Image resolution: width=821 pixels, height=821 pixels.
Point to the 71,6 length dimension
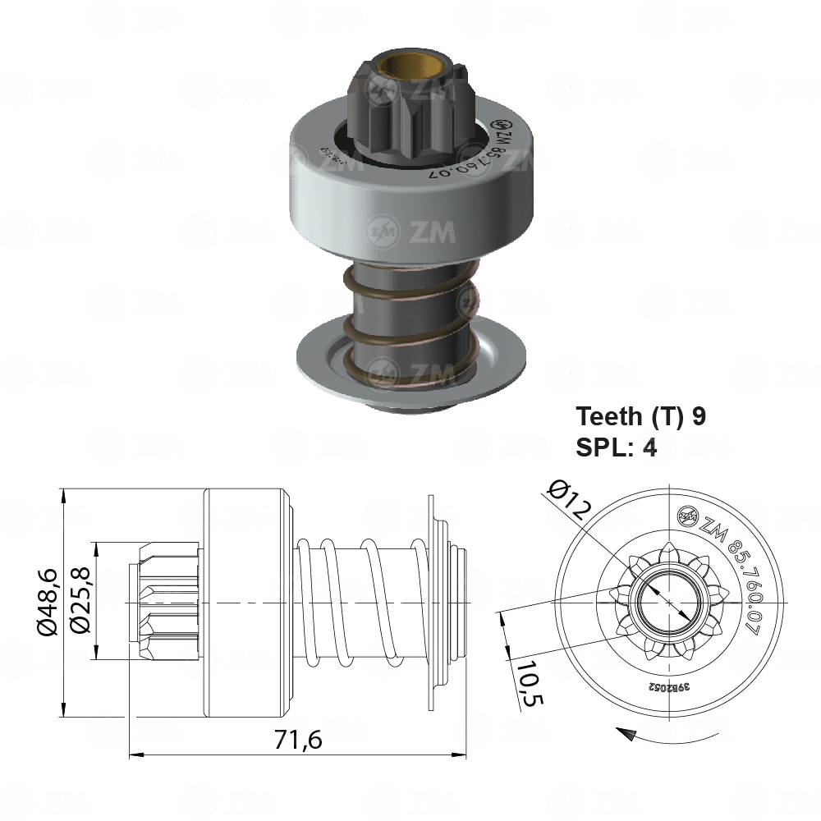click(x=297, y=739)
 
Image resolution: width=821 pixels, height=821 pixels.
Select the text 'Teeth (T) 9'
click(x=640, y=416)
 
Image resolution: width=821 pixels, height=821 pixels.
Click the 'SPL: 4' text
click(x=617, y=448)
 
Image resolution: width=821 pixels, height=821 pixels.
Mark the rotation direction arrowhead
click(x=626, y=733)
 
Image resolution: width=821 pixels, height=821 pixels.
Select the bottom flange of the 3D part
click(x=410, y=365)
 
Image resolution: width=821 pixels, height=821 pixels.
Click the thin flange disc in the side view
click(x=430, y=602)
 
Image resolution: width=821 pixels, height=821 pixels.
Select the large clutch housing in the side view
click(x=245, y=602)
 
